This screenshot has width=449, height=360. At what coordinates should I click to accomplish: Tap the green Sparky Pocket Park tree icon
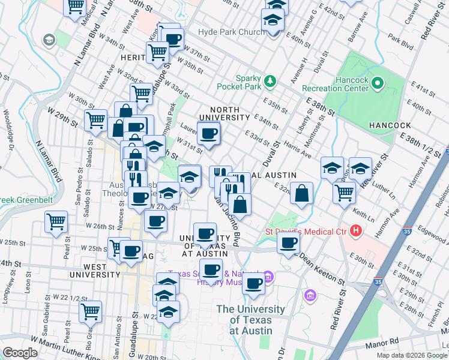pos(270,80)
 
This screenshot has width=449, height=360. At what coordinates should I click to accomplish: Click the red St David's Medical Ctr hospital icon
pos(357,230)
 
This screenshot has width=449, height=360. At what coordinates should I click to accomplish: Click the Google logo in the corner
pos(20,353)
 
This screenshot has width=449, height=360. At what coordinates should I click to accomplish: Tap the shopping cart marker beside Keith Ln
pos(344,193)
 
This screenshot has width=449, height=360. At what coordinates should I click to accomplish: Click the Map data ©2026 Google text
pos(411,355)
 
